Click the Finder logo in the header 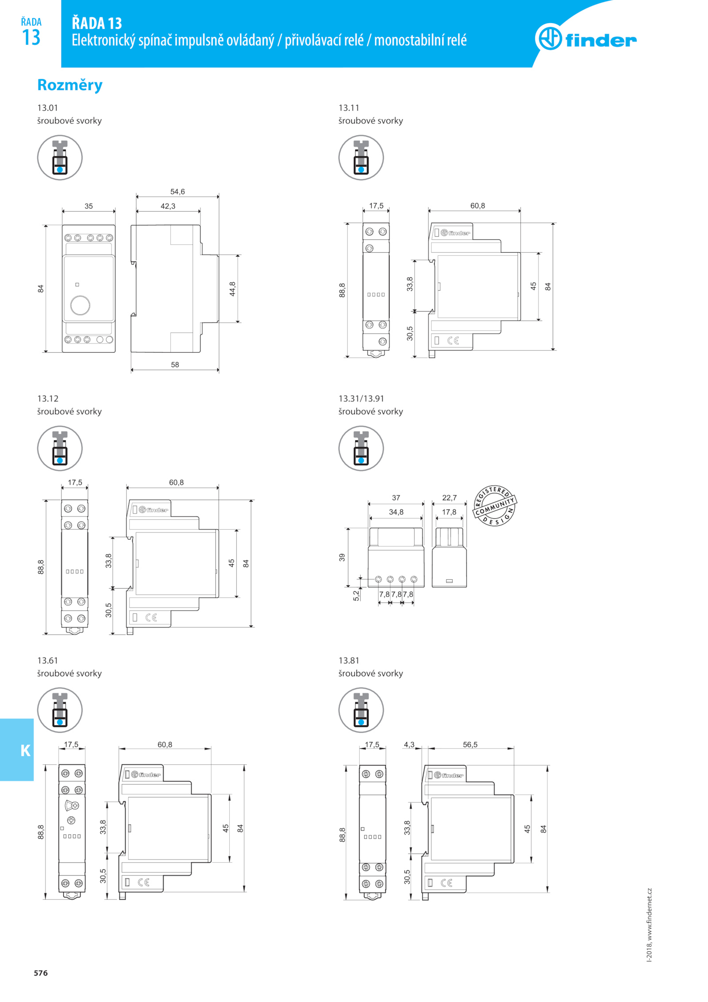(x=585, y=38)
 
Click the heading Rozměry (x=69, y=85)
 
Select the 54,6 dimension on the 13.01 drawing (x=177, y=192)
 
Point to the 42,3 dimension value (x=168, y=206)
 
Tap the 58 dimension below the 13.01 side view (x=175, y=365)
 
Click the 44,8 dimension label (x=232, y=289)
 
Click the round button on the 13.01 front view (x=80, y=305)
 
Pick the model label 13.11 (x=349, y=108)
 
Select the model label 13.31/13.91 (x=361, y=398)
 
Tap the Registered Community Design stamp (x=495, y=505)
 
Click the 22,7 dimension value (x=449, y=497)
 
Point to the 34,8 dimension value (x=396, y=512)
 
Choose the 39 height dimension (x=342, y=557)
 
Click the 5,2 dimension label (x=356, y=596)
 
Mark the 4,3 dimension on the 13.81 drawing (x=409, y=744)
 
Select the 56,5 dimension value (x=470, y=744)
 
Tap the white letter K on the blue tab (x=26, y=750)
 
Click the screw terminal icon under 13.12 (x=60, y=448)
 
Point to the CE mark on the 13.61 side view (x=143, y=882)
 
